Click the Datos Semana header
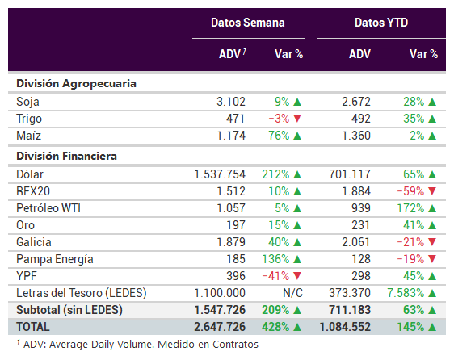click(x=247, y=23)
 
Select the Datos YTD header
click(x=381, y=23)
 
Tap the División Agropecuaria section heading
click(x=76, y=84)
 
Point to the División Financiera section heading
click(x=66, y=157)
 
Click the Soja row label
click(x=27, y=102)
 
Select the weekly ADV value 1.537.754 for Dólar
click(x=220, y=174)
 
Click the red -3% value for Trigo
click(x=279, y=119)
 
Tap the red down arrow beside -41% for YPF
click(x=297, y=276)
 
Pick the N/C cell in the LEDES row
click(x=292, y=293)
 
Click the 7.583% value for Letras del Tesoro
click(x=406, y=293)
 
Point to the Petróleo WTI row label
click(x=48, y=208)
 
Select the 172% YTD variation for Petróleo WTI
click(x=410, y=208)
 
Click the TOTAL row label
click(x=33, y=327)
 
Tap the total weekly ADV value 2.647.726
click(x=220, y=327)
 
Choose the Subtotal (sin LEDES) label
click(x=69, y=310)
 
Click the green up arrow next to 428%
click(x=297, y=327)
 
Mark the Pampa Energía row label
click(x=55, y=259)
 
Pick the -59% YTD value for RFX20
click(x=410, y=191)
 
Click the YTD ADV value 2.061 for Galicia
click(x=355, y=242)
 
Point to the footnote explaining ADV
click(x=137, y=345)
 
